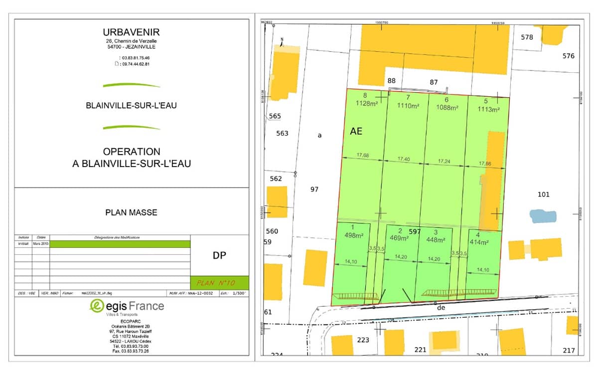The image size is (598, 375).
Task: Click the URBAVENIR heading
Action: click(x=131, y=32)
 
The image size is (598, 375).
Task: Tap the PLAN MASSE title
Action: click(x=131, y=212)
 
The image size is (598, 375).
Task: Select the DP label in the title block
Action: click(x=219, y=256)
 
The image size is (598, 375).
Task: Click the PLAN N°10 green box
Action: click(x=219, y=283)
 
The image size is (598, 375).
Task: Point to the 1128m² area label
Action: click(x=367, y=104)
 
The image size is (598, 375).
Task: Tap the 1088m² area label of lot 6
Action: click(x=448, y=107)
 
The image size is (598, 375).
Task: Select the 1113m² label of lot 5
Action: click(x=488, y=109)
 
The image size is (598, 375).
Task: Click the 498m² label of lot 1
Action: click(x=351, y=236)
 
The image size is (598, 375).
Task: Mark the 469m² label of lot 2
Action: click(x=399, y=238)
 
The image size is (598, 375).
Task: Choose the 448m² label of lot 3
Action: click(x=435, y=239)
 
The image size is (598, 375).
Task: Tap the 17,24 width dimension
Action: click(x=445, y=162)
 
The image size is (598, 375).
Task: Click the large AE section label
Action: click(x=356, y=132)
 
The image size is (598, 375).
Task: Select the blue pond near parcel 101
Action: click(x=543, y=216)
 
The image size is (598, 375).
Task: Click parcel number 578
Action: click(x=527, y=37)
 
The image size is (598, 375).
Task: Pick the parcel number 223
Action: click(x=363, y=340)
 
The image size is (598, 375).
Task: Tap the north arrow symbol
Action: click(x=282, y=42)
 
